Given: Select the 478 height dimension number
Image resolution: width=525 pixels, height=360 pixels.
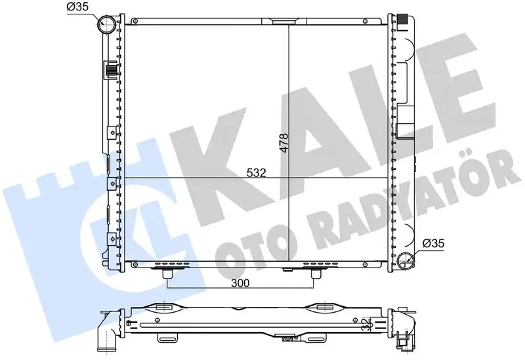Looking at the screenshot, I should point(283,139).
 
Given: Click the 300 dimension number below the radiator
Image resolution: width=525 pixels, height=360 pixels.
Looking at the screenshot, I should point(241,285).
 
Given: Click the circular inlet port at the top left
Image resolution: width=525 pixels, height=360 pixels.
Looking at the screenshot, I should point(106,26).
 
